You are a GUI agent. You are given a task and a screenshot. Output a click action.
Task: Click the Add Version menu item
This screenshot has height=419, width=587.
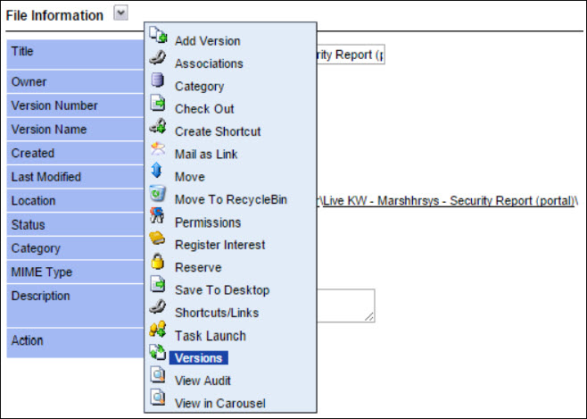click(207, 41)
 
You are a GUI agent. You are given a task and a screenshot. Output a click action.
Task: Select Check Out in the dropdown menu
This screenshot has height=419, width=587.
click(204, 109)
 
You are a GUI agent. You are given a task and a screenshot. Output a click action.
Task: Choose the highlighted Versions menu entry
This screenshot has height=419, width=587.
click(198, 358)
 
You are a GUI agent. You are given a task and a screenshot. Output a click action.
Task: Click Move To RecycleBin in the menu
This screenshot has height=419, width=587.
click(231, 199)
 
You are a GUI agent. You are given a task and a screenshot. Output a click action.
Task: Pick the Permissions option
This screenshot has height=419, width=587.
click(208, 222)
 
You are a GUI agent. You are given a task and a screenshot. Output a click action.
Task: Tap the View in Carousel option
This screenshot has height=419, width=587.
click(220, 403)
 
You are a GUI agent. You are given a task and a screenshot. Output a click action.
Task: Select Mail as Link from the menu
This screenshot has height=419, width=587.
click(206, 154)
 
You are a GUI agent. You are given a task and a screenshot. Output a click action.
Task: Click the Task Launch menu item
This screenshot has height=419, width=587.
click(211, 335)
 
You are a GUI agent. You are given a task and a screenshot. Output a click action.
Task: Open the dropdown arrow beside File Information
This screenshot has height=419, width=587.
click(120, 13)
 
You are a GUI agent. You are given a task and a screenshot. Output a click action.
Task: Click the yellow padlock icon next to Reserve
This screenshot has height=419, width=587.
click(158, 261)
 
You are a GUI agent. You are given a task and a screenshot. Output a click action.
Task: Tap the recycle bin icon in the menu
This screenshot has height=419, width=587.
click(158, 193)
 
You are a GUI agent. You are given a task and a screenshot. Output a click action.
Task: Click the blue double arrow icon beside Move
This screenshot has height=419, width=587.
click(157, 170)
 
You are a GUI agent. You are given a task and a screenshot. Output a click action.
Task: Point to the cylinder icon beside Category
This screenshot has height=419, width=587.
click(157, 80)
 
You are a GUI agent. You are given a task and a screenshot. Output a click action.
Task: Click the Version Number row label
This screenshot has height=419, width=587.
click(54, 105)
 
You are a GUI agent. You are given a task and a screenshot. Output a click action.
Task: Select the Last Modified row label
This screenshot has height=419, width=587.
click(46, 177)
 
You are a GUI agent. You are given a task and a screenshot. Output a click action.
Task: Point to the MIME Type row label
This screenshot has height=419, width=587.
click(42, 272)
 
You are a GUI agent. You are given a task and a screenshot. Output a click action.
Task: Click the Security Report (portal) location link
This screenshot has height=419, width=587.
click(449, 201)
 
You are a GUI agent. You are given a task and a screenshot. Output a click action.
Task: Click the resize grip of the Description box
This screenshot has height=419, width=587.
click(369, 316)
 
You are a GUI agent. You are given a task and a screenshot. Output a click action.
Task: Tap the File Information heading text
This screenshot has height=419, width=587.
click(54, 15)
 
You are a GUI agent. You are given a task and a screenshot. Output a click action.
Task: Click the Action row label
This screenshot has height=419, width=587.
click(28, 340)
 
